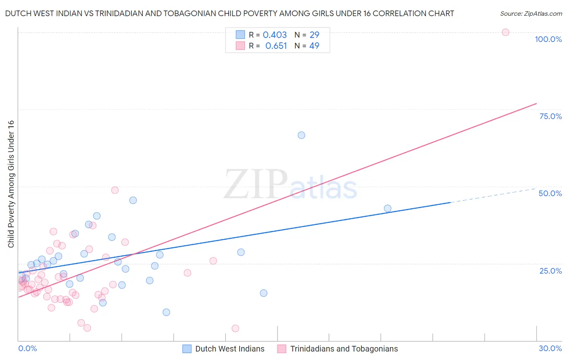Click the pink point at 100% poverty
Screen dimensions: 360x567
[505, 32]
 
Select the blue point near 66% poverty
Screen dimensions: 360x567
[301, 135]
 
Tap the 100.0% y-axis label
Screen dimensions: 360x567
[548, 39]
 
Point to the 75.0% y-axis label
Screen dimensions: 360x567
[550, 116]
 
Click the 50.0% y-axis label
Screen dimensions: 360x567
[550, 193]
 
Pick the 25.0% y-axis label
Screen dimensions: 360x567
[550, 271]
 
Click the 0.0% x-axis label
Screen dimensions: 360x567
[27, 348]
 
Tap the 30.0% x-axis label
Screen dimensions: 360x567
[550, 348]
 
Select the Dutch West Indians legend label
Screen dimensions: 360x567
[230, 349]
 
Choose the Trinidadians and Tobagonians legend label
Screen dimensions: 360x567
[344, 349]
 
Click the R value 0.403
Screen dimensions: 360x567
[275, 35]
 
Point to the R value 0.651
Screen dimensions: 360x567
[276, 46]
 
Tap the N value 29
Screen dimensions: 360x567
[314, 35]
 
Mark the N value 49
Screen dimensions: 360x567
[314, 46]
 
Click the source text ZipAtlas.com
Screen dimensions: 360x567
[531, 13]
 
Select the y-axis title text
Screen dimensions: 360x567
[11, 184]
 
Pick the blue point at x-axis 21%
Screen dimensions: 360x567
[388, 208]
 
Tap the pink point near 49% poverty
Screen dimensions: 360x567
[115, 190]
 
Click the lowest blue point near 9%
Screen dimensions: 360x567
[166, 312]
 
